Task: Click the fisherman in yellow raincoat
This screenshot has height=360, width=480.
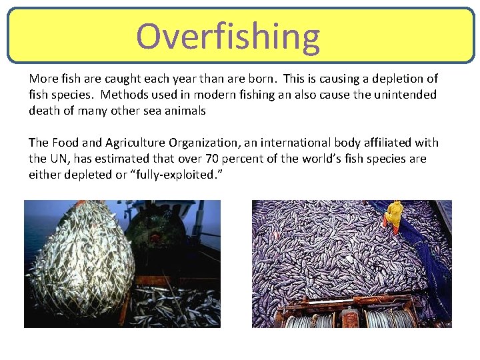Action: pos(394,215)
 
